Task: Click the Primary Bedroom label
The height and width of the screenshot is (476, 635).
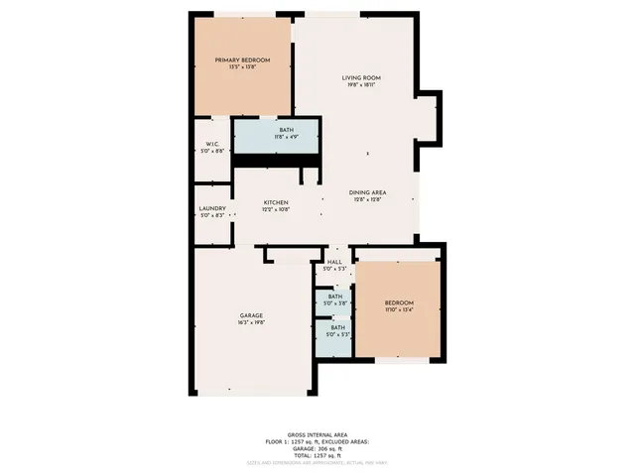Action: (242, 60)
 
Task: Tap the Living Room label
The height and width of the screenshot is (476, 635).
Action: (361, 77)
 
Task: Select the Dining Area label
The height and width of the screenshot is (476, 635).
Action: (367, 191)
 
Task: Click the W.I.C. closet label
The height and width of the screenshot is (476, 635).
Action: (212, 144)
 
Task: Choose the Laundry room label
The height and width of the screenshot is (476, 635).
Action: (212, 208)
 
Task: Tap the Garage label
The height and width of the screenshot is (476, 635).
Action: (250, 315)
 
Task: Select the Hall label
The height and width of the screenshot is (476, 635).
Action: (334, 262)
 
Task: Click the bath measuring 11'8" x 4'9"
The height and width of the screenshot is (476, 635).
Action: (286, 131)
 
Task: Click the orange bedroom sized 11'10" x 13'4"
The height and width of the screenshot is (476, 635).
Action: (399, 305)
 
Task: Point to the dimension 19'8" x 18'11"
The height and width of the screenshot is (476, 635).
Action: (361, 85)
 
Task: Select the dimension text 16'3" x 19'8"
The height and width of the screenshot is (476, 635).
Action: (250, 323)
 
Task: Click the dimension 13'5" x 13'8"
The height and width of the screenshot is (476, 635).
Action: (242, 68)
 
